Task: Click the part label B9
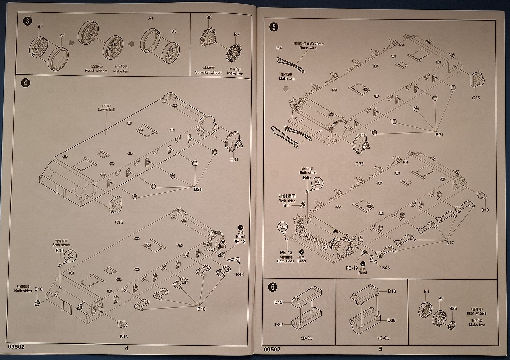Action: pyautogui.click(x=40, y=26)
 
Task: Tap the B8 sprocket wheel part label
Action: pyautogui.click(x=209, y=17)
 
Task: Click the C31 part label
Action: pyautogui.click(x=234, y=160)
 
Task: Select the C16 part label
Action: pyautogui.click(x=119, y=222)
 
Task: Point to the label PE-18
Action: pyautogui.click(x=240, y=242)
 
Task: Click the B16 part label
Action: pyautogui.click(x=201, y=309)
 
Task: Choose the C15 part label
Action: pyautogui.click(x=476, y=98)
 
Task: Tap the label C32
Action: pyautogui.click(x=360, y=163)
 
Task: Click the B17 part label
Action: pyautogui.click(x=450, y=243)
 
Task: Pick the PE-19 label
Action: pyautogui.click(x=351, y=268)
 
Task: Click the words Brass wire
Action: pyautogui.click(x=308, y=48)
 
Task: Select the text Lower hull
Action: pyautogui.click(x=106, y=109)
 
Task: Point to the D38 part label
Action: pyautogui.click(x=391, y=320)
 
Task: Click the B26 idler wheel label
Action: pyautogui.click(x=453, y=308)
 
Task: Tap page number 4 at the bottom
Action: pyautogui.click(x=126, y=348)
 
